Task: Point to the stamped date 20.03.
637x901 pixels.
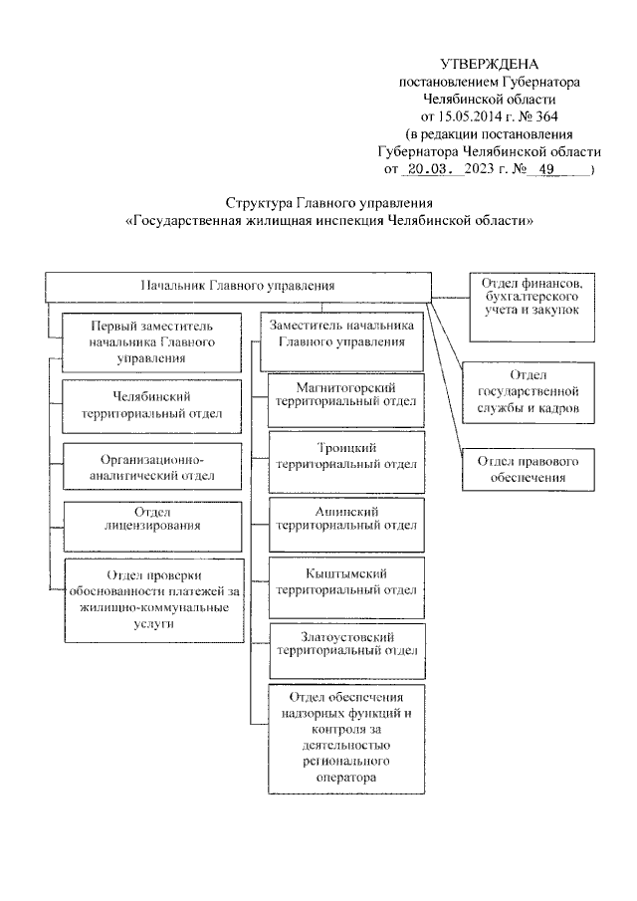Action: [x=431, y=169]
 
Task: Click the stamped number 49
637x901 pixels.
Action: [x=545, y=169]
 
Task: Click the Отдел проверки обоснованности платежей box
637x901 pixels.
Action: [x=152, y=599]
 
